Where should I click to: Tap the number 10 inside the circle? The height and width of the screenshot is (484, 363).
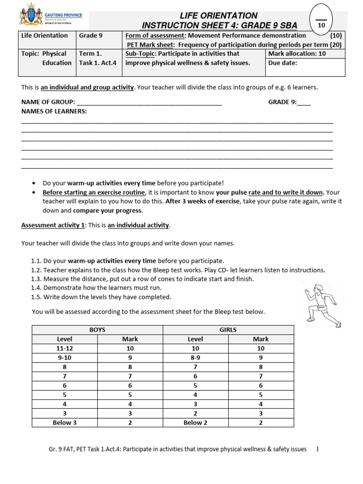(x=321, y=25)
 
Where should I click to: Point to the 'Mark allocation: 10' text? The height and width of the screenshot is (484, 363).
(x=297, y=53)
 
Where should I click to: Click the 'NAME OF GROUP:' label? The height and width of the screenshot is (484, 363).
(x=48, y=102)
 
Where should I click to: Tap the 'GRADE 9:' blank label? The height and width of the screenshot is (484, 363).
(x=282, y=102)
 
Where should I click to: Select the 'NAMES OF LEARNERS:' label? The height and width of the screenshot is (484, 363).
(x=54, y=111)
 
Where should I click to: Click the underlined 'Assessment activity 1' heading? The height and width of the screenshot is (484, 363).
(x=53, y=225)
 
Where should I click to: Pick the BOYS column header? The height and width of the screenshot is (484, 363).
(x=97, y=330)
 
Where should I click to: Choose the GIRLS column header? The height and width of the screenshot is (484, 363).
(x=228, y=330)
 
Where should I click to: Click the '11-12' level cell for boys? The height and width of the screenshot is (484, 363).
(x=65, y=348)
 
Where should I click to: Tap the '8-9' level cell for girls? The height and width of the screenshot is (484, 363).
(x=195, y=358)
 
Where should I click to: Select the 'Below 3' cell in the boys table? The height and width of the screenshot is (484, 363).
(x=65, y=423)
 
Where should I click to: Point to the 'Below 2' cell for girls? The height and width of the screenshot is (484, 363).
(x=195, y=423)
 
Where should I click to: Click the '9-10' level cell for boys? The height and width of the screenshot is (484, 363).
(x=65, y=358)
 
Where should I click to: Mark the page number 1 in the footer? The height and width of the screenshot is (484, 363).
(x=318, y=449)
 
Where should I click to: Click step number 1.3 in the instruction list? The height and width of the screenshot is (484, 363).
(x=37, y=279)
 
